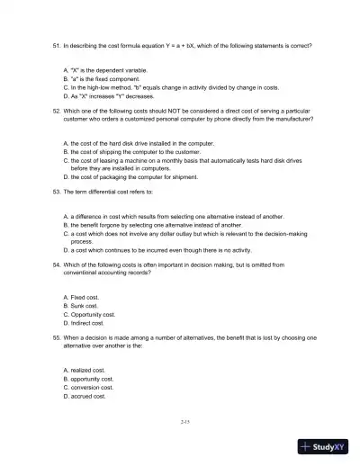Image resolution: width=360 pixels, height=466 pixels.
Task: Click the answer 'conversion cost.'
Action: pyautogui.click(x=91, y=387)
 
